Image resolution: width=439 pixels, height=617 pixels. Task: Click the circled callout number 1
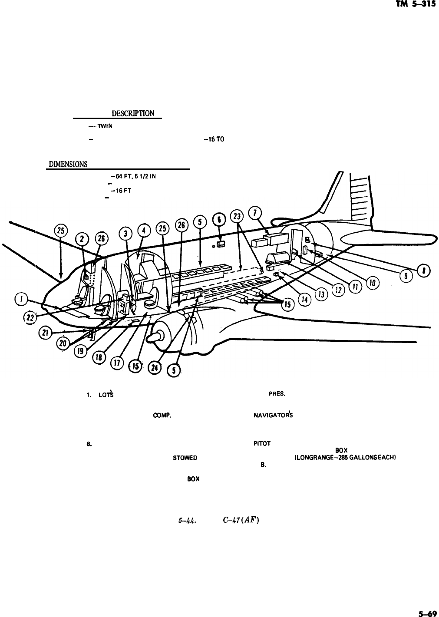(x=20, y=299)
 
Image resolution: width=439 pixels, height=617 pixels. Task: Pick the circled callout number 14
(x=306, y=299)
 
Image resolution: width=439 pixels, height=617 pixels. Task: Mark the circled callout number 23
(x=237, y=217)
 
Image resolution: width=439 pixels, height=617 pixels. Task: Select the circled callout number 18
(x=99, y=357)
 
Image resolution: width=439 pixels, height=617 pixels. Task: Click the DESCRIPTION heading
(x=133, y=114)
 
